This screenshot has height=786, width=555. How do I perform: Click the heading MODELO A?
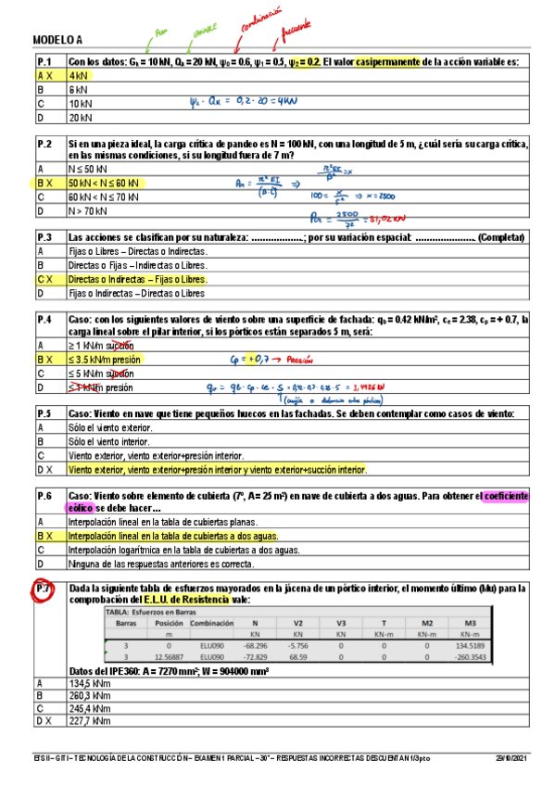coord(58,40)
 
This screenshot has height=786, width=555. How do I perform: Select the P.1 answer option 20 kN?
coord(81,118)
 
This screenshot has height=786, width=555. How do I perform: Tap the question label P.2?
coord(44,145)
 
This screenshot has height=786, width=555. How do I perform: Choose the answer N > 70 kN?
coord(91,211)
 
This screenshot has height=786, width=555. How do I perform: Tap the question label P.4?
coord(44,319)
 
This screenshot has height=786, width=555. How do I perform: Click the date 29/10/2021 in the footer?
coord(514,759)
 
